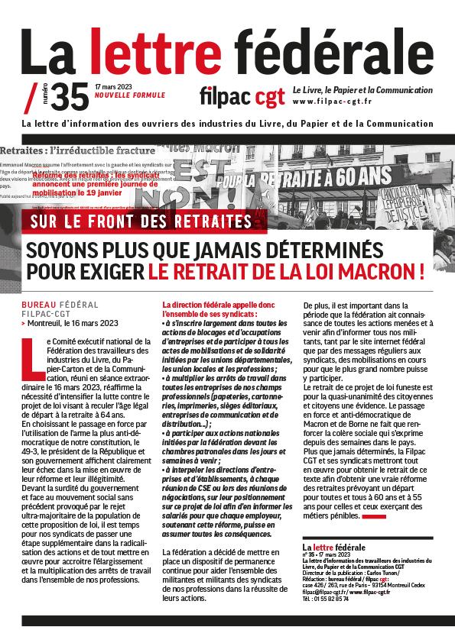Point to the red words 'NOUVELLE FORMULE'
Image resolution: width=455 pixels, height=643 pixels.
[x=129, y=95]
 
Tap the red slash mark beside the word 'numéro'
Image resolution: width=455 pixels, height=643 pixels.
[x=31, y=97]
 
